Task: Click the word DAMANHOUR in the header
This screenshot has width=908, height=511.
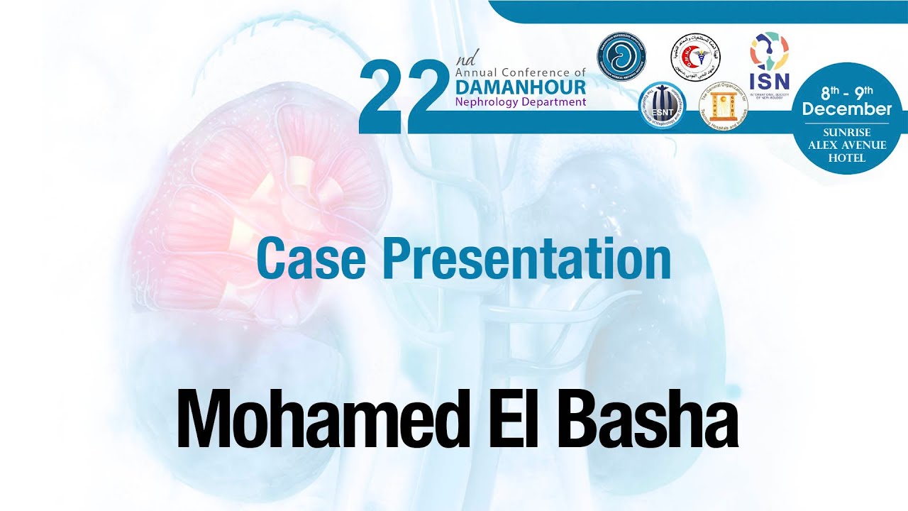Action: [x=521, y=87]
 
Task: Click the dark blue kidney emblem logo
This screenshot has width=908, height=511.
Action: [x=621, y=56]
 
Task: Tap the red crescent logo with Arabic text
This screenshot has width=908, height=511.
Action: [x=695, y=57]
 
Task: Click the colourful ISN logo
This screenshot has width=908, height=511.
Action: [x=769, y=60]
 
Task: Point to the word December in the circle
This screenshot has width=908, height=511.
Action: [x=847, y=109]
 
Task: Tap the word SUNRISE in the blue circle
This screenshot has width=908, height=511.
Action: [x=848, y=133]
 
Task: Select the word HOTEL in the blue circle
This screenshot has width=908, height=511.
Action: [x=847, y=158]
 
